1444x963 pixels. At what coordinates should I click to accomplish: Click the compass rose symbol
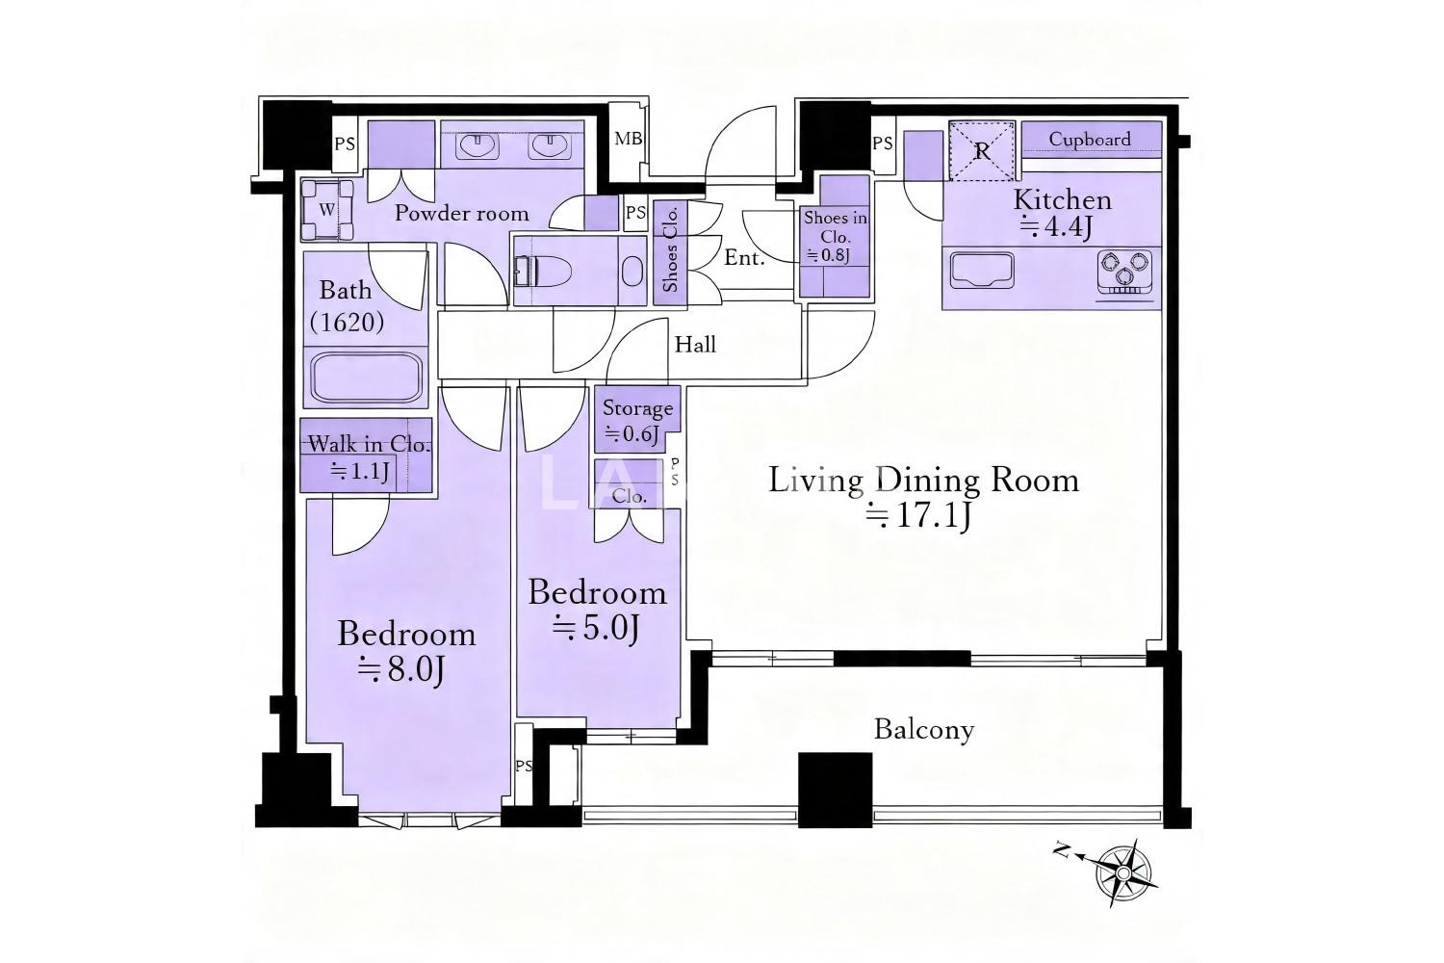point(1122,873)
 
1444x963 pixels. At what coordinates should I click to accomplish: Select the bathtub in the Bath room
point(366,377)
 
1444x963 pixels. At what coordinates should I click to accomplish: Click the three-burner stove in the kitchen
point(1125,270)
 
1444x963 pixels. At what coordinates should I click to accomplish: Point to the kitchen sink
point(981,271)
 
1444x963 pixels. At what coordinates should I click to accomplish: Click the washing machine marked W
point(327,210)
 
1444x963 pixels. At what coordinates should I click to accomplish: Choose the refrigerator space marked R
point(982,150)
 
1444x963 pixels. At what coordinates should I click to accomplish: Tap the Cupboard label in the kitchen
point(1090,140)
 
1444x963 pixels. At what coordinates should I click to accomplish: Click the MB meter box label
point(628,139)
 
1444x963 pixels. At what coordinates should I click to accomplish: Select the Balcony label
point(924,730)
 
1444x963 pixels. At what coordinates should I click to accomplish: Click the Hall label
point(695,345)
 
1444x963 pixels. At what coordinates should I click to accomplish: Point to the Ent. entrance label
point(744,258)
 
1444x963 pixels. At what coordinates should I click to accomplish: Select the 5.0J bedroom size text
point(596,628)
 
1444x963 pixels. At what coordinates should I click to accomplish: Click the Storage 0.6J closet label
point(637,421)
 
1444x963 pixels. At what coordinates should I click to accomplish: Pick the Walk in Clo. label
point(369,444)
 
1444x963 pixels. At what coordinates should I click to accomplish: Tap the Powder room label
point(461,213)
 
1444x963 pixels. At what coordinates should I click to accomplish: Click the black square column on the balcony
point(836,790)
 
